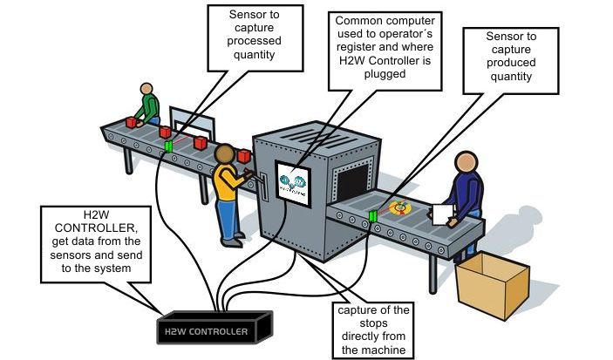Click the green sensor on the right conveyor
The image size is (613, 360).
[x=374, y=215]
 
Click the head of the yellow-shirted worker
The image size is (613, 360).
[x=226, y=156]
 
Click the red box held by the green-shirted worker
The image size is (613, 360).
[x=133, y=123]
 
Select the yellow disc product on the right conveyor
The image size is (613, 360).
[x=401, y=207]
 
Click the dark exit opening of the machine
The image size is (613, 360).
[x=354, y=183]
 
